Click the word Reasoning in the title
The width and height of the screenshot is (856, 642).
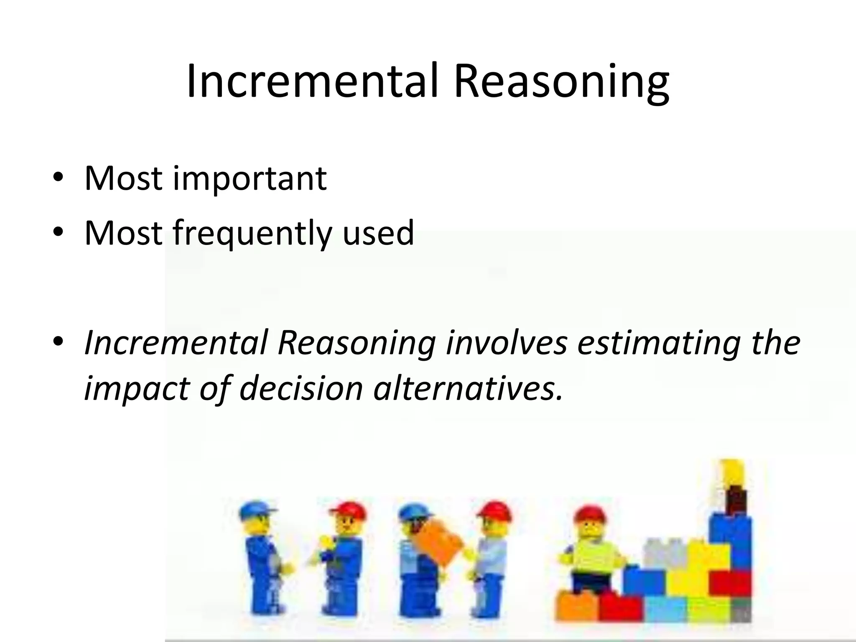click(562, 82)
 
